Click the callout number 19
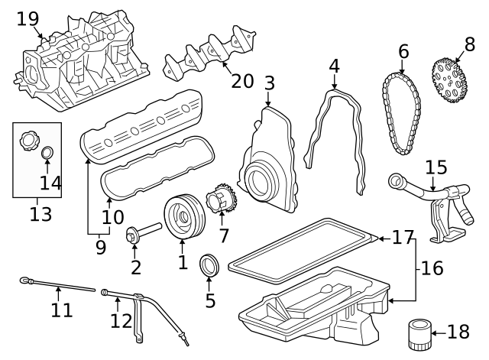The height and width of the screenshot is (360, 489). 28,18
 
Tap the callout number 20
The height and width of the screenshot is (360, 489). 242,80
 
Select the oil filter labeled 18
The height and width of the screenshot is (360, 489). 417,334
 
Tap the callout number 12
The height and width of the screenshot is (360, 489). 121,320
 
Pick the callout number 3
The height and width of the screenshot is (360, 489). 269,82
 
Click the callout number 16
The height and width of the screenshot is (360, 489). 432,268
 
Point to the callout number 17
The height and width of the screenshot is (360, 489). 402,238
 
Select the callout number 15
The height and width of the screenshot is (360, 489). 436,167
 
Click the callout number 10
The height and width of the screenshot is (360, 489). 112,217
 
